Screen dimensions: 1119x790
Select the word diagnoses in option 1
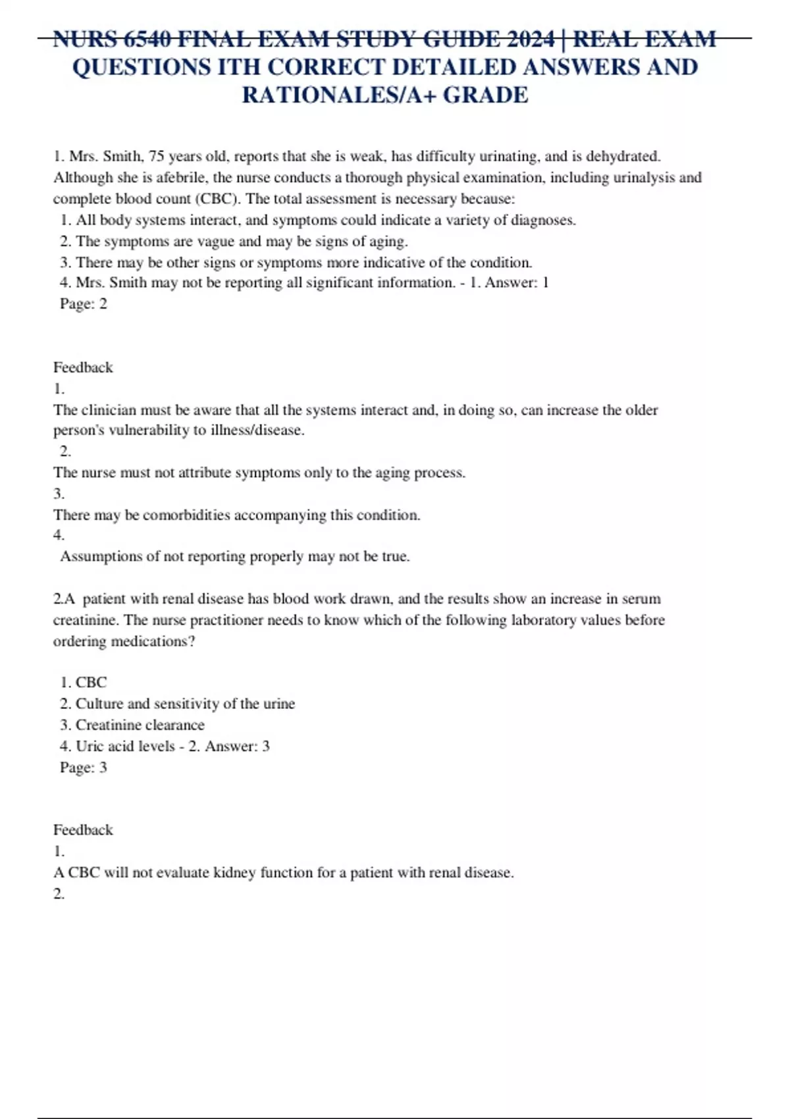click(542, 221)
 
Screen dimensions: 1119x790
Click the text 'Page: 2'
click(83, 304)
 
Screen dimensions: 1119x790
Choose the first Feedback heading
click(83, 367)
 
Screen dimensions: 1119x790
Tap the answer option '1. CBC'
click(83, 683)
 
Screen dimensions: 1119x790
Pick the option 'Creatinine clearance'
click(140, 725)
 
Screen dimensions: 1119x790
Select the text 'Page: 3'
click(83, 768)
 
